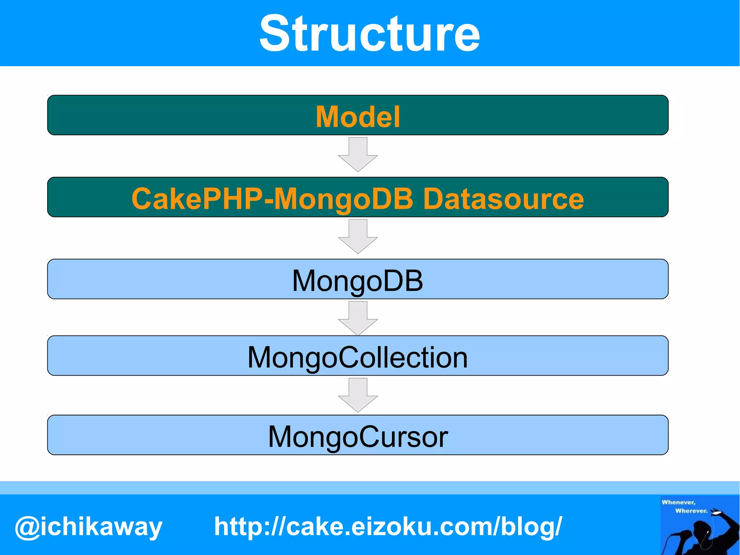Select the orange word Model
tap(358, 117)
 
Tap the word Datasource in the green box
tap(503, 198)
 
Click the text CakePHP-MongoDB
tap(272, 198)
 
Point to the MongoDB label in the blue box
tap(357, 281)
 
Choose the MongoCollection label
tap(357, 357)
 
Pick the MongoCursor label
tap(358, 437)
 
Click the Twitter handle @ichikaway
tap(89, 526)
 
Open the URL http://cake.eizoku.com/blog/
tap(388, 526)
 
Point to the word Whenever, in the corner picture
tap(678, 502)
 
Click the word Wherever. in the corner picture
tap(691, 511)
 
